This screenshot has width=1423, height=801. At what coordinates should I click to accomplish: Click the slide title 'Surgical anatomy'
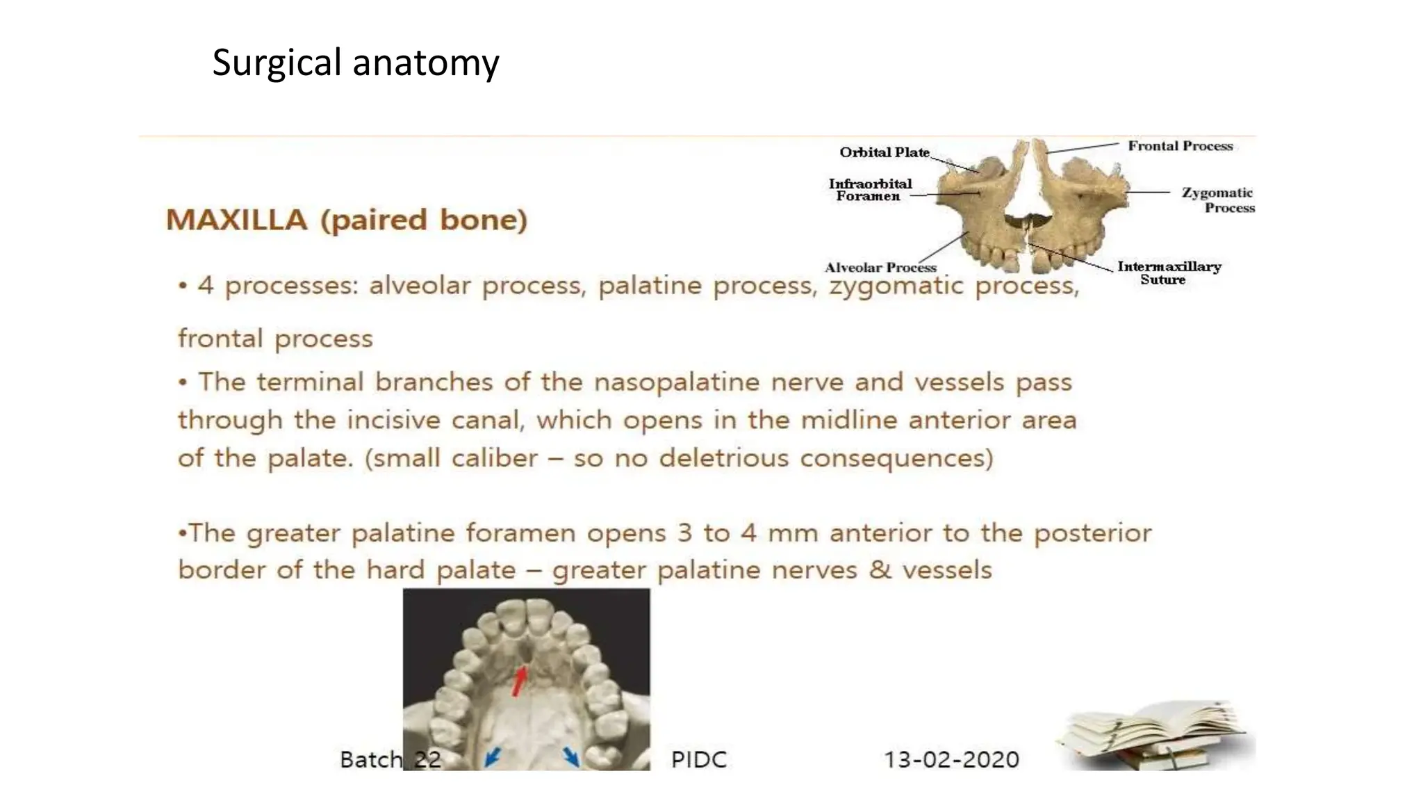355,63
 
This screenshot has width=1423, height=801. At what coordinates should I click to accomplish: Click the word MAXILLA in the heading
236,220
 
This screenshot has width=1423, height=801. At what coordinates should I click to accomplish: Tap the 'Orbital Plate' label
884,152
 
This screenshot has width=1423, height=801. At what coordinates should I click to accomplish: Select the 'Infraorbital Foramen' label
869,190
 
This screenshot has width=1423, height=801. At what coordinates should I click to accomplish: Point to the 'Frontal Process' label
1180,146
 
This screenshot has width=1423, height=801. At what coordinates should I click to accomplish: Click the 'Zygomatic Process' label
1218,200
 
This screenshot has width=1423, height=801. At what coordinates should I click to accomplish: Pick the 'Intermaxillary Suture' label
1169,273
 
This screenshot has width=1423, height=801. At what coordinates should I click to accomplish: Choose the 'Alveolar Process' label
880,268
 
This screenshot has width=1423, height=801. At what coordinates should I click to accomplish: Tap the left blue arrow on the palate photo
492,756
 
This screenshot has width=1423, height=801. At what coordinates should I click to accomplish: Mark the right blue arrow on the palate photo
571,756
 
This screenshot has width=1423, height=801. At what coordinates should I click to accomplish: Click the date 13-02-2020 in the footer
951,759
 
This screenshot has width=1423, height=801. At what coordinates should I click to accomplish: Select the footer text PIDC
699,759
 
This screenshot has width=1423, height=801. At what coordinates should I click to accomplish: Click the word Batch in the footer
370,759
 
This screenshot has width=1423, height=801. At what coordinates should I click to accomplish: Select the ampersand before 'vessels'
880,570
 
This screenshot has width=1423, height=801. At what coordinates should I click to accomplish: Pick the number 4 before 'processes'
206,285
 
